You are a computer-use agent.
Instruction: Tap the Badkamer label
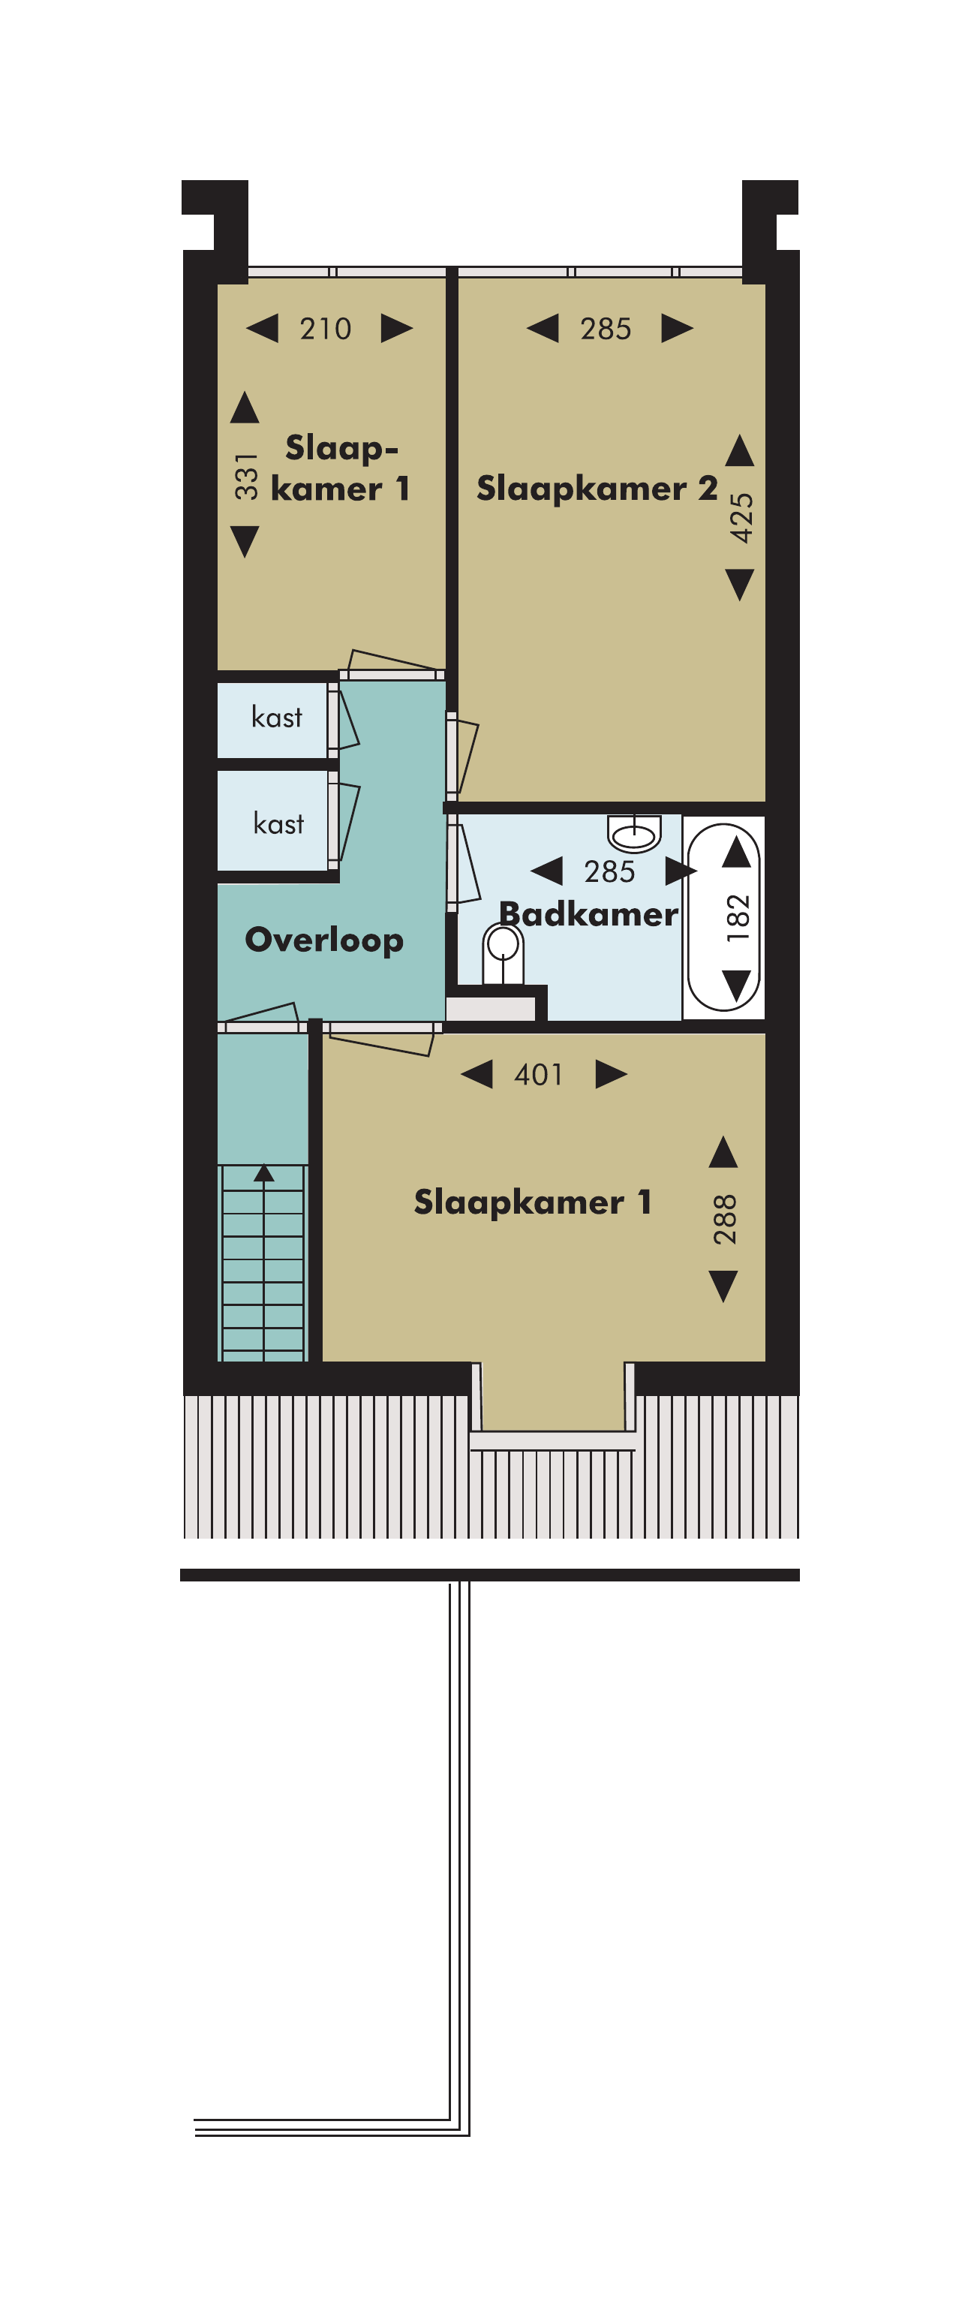[588, 914]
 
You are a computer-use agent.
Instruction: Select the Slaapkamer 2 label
[597, 489]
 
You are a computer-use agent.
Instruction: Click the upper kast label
[277, 717]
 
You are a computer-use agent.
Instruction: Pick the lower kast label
[278, 823]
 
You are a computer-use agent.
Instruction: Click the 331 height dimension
[245, 476]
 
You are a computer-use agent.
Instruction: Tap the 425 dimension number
[741, 518]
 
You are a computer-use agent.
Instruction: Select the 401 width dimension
[539, 1075]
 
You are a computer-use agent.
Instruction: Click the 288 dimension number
[725, 1220]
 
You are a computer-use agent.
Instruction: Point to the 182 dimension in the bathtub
[737, 917]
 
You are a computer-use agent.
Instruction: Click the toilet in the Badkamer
[503, 954]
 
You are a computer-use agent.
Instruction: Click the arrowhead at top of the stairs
[263, 1173]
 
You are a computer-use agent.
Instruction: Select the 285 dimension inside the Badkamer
[609, 871]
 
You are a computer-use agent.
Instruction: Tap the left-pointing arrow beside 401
[476, 1074]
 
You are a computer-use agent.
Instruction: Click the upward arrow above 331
[245, 407]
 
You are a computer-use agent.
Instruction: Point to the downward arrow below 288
[724, 1286]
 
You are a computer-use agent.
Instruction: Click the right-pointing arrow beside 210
[396, 328]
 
